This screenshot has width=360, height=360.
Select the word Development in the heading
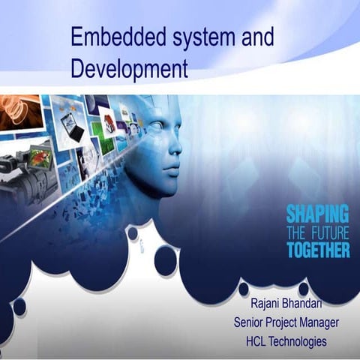click(x=129, y=70)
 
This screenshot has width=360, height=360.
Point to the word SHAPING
click(x=317, y=214)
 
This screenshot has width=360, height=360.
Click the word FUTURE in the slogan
click(x=328, y=232)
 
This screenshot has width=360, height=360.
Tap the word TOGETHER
click(x=317, y=250)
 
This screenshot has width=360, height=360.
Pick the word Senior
click(x=250, y=324)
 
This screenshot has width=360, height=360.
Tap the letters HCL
click(x=259, y=341)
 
